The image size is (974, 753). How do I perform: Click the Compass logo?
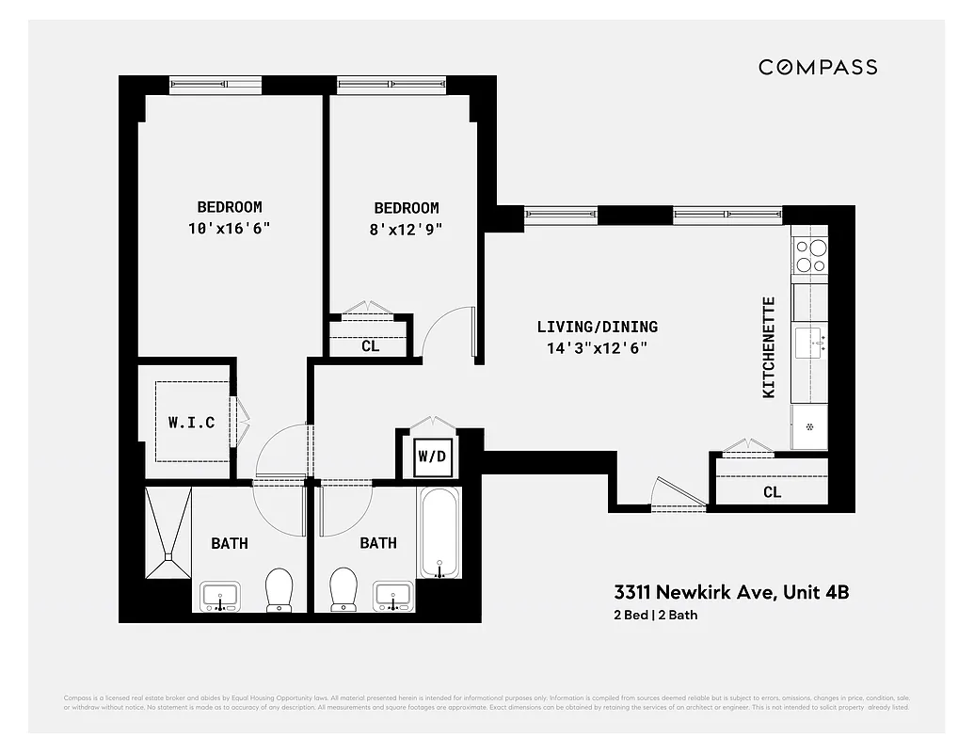pos(818,67)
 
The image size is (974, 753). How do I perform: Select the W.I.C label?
pos(192,423)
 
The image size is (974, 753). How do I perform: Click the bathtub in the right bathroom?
pos(439,534)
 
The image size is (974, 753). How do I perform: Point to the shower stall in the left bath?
pos(168,533)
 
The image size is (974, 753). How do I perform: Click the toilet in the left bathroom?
pos(279,589)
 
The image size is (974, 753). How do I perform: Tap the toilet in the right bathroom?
pos(343,589)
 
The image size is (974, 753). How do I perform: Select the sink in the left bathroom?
pos(220,596)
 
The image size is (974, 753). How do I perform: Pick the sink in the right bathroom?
pos(393,596)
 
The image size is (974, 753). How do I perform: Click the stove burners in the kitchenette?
pos(809,254)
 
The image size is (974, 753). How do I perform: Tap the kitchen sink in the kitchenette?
pos(809,341)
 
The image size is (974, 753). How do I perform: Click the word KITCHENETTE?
pos(769,347)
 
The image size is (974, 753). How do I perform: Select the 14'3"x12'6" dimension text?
pos(598,347)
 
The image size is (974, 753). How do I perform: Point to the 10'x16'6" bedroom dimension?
pos(230,228)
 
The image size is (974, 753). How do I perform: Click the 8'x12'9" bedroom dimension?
pos(407,228)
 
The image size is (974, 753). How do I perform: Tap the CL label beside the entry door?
pos(772,491)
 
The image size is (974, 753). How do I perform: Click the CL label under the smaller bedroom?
pos(371,345)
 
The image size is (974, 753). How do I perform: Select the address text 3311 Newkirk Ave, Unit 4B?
pos(731,593)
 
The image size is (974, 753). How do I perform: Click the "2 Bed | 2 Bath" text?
pos(655,616)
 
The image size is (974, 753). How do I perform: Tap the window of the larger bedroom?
pos(216,85)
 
